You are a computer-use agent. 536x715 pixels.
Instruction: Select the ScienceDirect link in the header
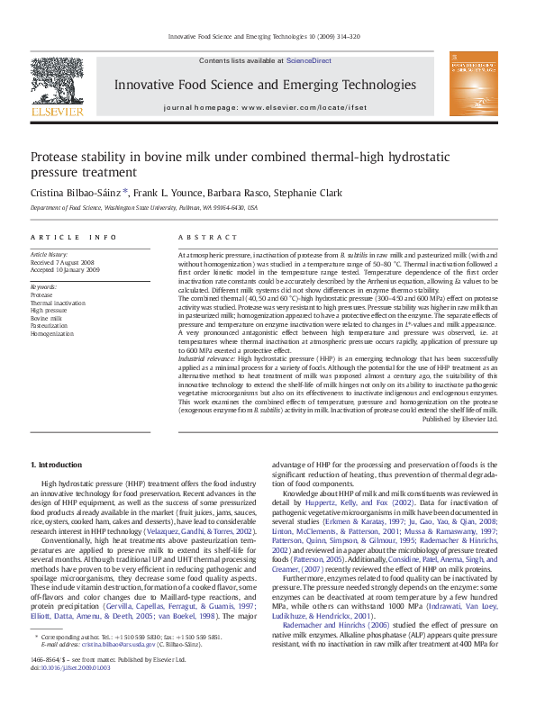pos(308,60)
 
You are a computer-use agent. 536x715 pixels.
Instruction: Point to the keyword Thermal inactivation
pos(58,303)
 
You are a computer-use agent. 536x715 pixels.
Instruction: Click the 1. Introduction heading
pos(56,465)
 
